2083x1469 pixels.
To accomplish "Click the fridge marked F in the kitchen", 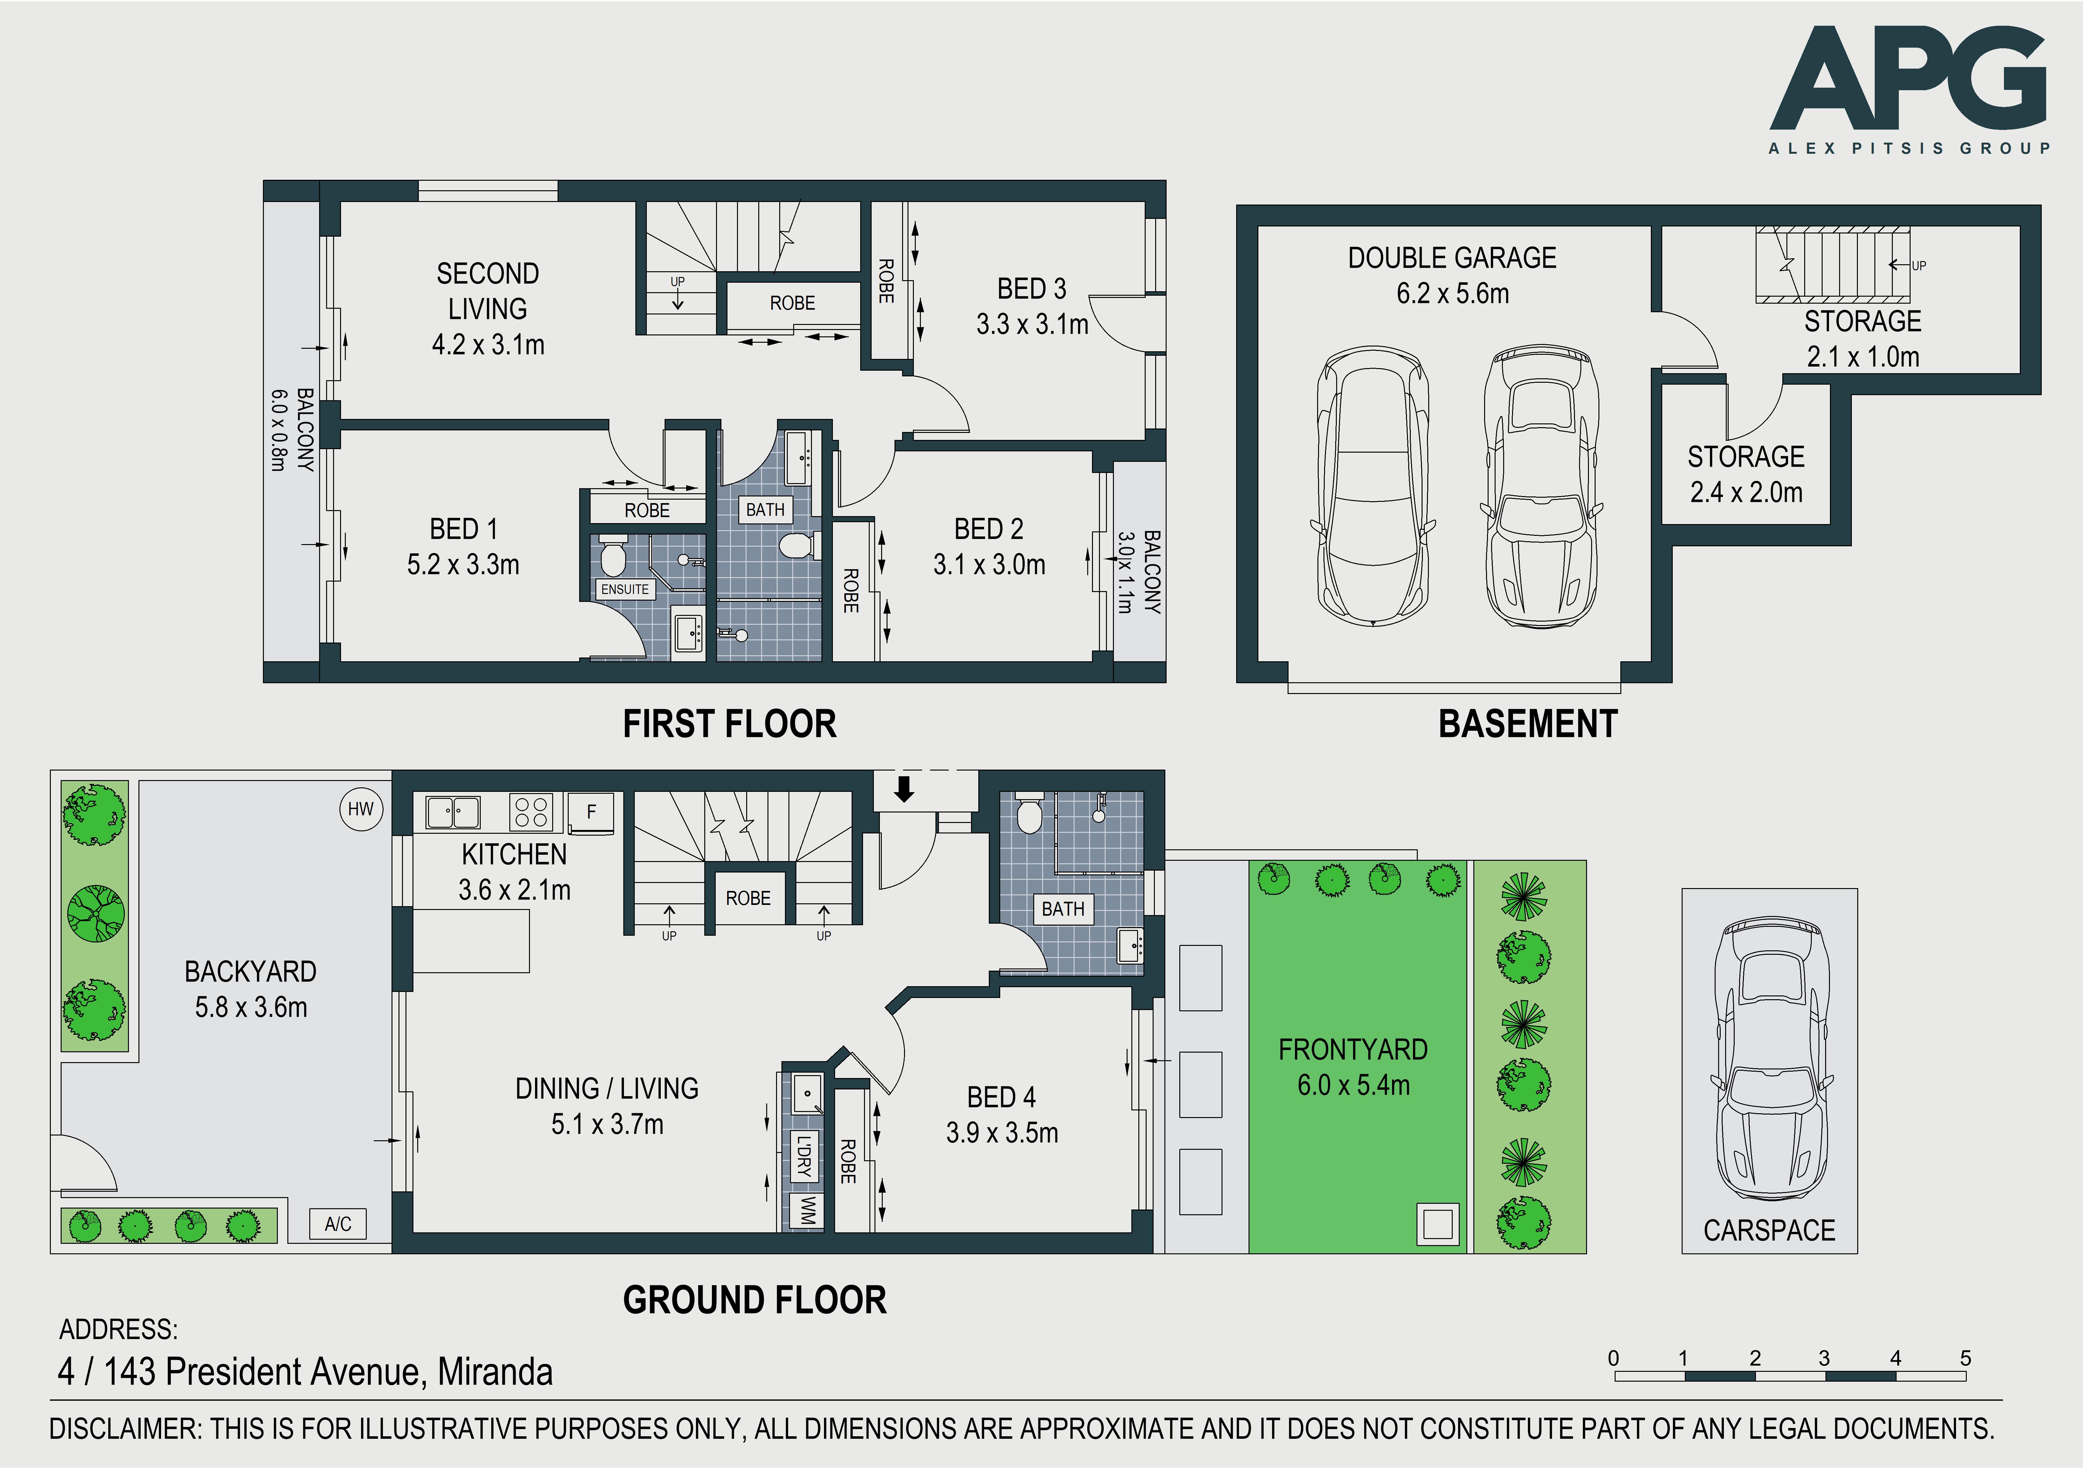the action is (591, 812).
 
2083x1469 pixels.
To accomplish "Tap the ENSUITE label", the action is (625, 589).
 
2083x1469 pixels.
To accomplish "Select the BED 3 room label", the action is (1032, 288).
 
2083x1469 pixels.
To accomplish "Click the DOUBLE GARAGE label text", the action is (1451, 258).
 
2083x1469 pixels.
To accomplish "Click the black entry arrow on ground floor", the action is (904, 788).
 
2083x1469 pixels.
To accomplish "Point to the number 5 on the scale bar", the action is (1965, 1358).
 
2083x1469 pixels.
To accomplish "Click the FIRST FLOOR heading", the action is (729, 724).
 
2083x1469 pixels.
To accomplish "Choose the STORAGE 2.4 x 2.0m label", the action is (1745, 474).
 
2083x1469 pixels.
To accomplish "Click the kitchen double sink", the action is (453, 812).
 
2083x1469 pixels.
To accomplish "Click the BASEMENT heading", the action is (1528, 724).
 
